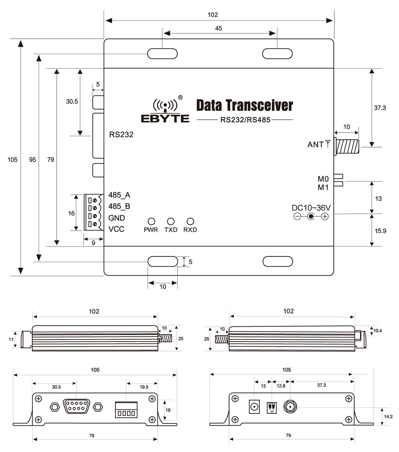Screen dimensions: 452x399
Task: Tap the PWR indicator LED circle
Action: click(151, 221)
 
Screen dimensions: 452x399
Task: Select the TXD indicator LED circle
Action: click(171, 221)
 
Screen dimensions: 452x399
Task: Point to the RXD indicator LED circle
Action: click(190, 221)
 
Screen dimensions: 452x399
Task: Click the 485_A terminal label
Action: click(119, 195)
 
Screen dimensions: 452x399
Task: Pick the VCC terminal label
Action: click(117, 229)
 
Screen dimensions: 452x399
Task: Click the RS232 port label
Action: click(121, 134)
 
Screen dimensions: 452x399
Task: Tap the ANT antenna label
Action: click(315, 144)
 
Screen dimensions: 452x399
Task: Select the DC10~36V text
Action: click(312, 208)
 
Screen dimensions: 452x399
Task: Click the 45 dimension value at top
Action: click(218, 28)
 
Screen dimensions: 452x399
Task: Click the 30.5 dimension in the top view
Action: click(72, 101)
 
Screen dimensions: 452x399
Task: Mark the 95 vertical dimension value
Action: click(32, 160)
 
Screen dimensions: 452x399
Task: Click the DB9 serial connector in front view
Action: click(75, 407)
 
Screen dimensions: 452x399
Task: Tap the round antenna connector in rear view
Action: click(290, 407)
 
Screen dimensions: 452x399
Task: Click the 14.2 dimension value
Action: click(388, 416)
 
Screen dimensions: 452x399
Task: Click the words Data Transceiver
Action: click(244, 106)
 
